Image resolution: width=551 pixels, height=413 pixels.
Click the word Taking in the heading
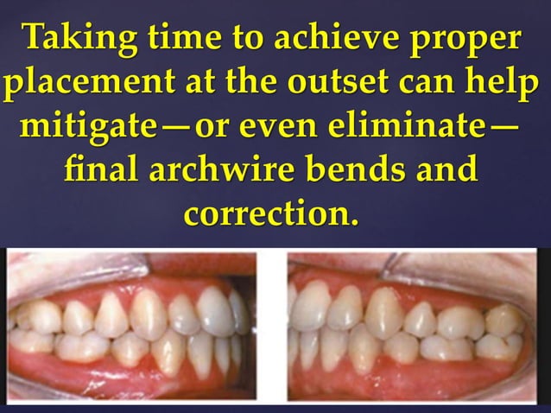point(75,39)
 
